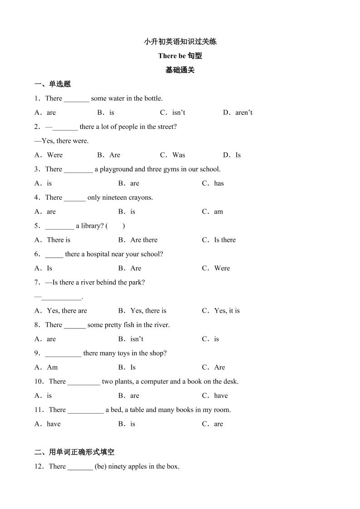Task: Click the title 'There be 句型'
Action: (180, 56)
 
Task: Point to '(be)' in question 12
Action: (101, 466)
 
